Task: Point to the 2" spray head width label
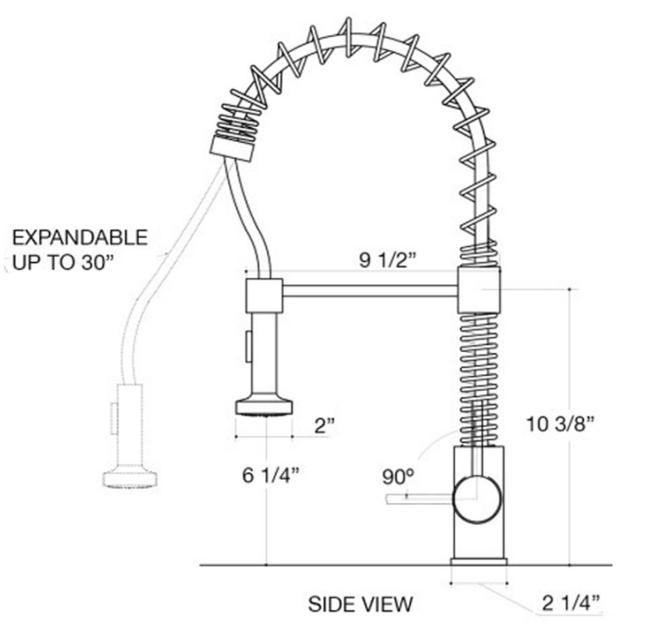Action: [324, 425]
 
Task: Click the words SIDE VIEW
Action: [360, 605]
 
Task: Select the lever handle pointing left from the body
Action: [417, 500]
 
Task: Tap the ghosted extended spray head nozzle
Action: [129, 477]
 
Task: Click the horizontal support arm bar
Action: [370, 291]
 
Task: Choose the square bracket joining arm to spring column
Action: [479, 290]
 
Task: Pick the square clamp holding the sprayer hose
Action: [263, 295]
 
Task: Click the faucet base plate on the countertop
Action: [479, 561]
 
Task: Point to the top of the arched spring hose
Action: [352, 37]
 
